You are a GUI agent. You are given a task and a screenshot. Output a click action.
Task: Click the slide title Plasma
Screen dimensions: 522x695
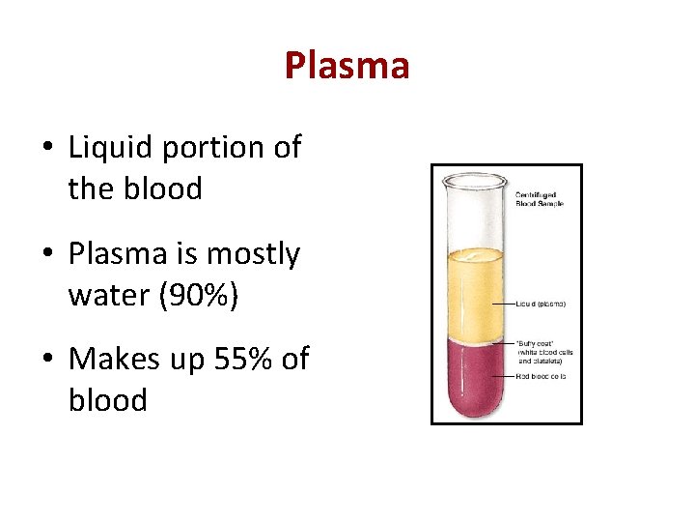tap(347, 66)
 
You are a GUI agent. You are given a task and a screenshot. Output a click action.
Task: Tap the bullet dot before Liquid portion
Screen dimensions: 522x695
tap(46, 149)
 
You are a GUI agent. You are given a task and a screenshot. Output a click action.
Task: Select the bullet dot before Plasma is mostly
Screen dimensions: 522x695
tap(46, 255)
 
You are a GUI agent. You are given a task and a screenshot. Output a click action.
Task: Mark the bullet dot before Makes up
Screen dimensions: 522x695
tap(46, 361)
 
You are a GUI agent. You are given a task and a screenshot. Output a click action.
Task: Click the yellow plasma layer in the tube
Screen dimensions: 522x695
tap(473, 290)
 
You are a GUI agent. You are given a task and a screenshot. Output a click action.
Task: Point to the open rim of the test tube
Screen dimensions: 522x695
tap(473, 178)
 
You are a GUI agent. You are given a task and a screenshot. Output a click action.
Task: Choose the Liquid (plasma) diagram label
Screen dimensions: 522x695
tap(541, 304)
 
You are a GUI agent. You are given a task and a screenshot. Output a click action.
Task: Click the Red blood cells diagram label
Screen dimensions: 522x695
tap(541, 375)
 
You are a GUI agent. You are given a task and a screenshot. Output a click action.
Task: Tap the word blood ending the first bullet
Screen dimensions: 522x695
tap(135, 188)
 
